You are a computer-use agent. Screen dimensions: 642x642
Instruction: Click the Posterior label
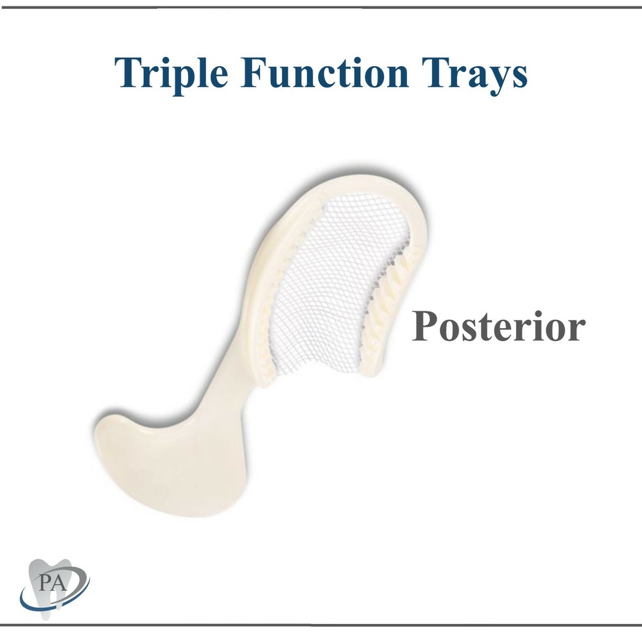498,327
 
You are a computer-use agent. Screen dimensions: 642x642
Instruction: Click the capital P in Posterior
425,326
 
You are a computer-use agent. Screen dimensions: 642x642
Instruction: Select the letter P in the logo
44,584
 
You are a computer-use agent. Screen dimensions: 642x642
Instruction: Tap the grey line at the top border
321,7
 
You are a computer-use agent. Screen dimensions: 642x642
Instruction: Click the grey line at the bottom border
321,624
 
